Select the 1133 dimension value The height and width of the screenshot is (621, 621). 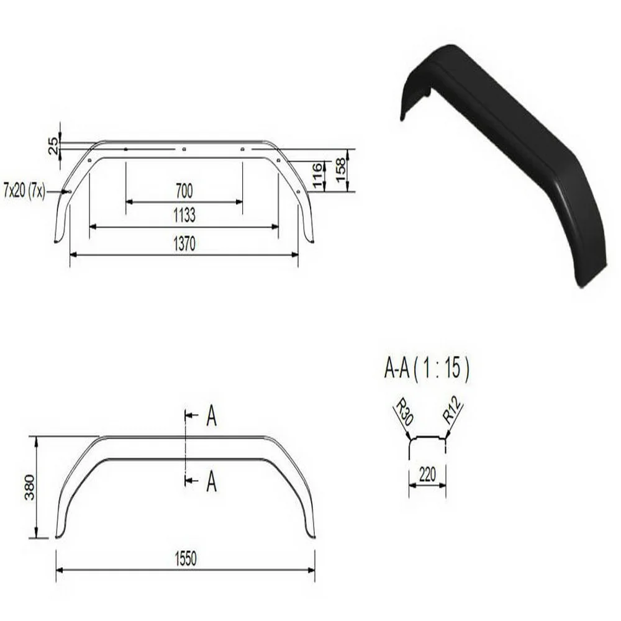(x=184, y=215)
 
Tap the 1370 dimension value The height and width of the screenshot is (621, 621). (x=184, y=243)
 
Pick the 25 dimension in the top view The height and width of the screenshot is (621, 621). (x=53, y=145)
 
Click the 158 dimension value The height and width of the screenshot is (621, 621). (x=340, y=170)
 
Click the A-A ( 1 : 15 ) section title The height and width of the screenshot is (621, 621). (x=427, y=369)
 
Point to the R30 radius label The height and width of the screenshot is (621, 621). (x=404, y=413)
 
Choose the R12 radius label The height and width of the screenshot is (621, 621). (x=453, y=413)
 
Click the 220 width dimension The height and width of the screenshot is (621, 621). (x=427, y=475)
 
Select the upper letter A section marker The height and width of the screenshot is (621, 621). (x=211, y=417)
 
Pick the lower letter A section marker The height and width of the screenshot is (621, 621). (x=211, y=481)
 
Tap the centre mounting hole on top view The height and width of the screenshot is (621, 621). (x=184, y=149)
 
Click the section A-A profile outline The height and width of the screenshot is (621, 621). (x=427, y=438)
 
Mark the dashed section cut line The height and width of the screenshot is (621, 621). (x=184, y=447)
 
